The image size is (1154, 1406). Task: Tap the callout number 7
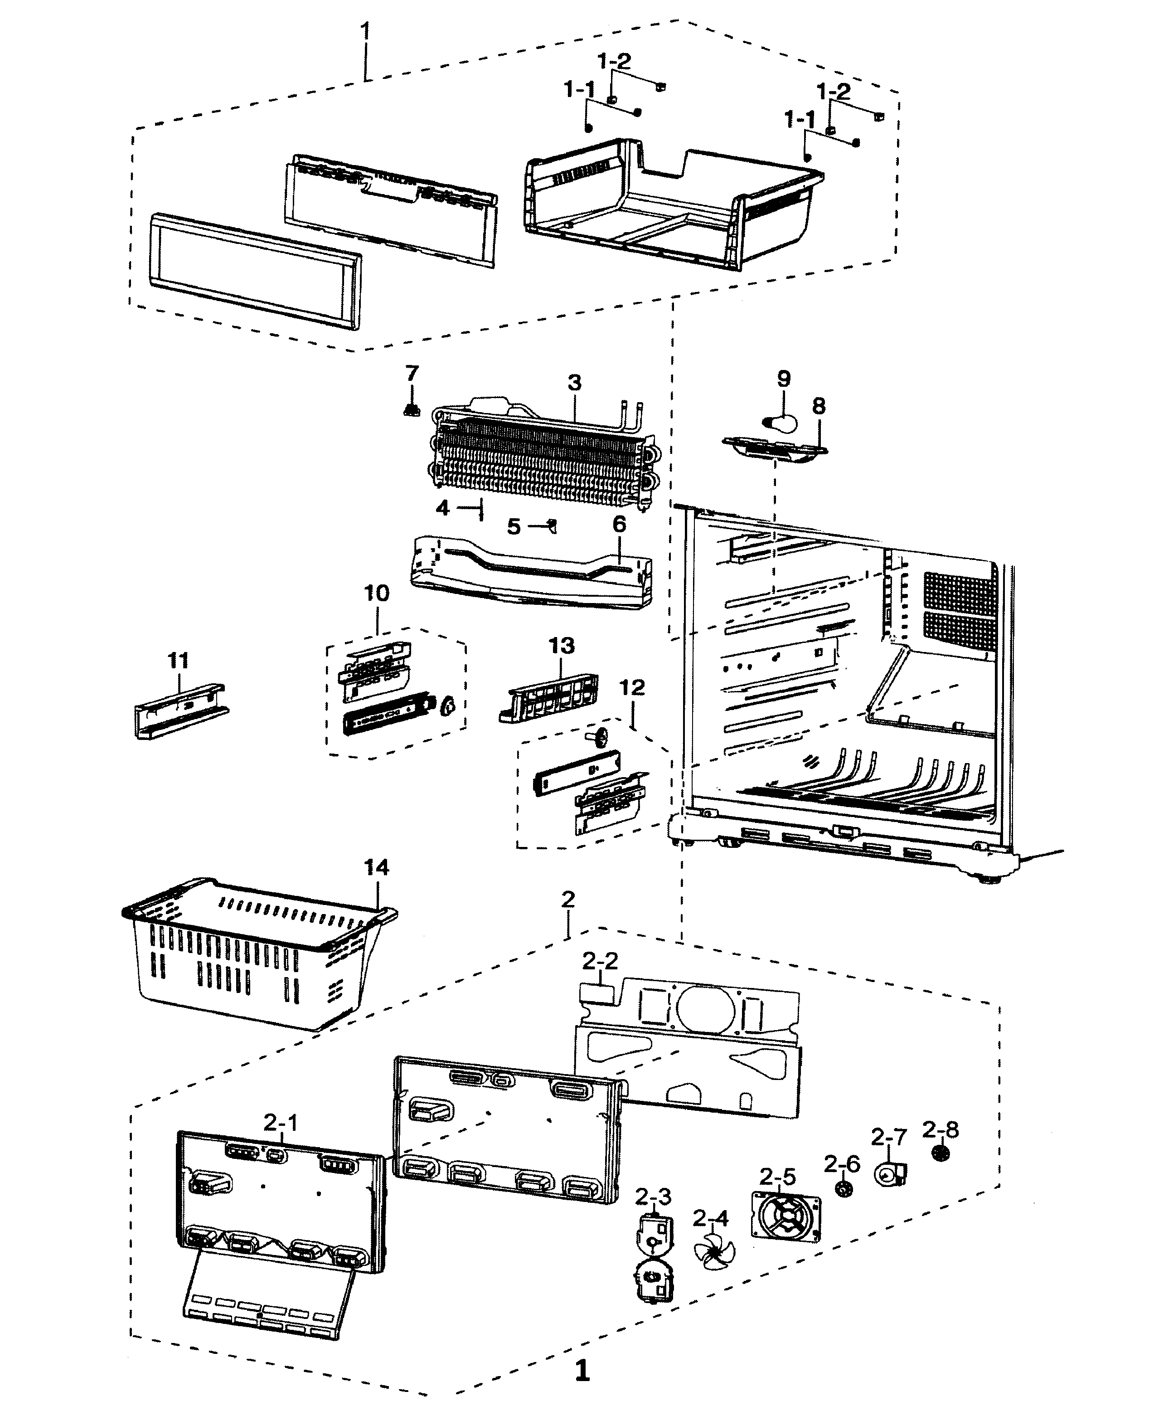click(x=412, y=374)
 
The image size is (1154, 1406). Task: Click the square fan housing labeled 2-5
click(x=786, y=1216)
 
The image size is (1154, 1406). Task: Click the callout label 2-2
click(x=600, y=961)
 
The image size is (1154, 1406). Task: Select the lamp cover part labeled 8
click(x=775, y=447)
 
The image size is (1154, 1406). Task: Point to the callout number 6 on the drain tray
click(x=619, y=525)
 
